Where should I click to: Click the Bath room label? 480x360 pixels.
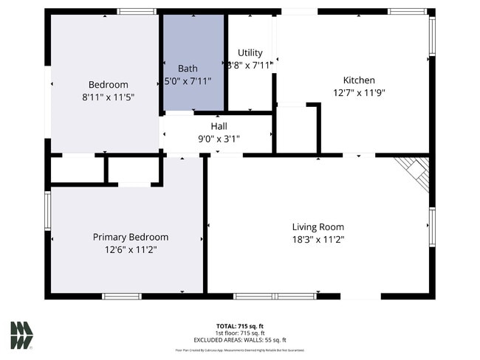[x=188, y=69]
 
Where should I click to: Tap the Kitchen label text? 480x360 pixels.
[x=359, y=80]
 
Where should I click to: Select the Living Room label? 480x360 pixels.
[x=318, y=227]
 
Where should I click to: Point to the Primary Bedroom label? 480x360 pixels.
[x=130, y=238]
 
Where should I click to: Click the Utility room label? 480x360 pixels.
[x=250, y=53]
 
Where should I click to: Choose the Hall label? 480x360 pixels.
[x=219, y=126]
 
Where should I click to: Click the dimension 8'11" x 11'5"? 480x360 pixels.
[x=108, y=97]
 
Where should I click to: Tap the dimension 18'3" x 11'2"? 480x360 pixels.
[x=318, y=240]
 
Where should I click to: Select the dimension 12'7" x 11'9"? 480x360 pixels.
[x=359, y=93]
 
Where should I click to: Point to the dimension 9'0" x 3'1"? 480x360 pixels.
[x=219, y=139]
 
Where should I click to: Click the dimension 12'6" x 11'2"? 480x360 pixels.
[x=130, y=250]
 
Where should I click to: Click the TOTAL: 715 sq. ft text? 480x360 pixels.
[x=240, y=326]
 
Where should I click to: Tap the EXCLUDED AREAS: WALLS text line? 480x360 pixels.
[x=240, y=339]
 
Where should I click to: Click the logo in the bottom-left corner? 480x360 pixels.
[x=21, y=334]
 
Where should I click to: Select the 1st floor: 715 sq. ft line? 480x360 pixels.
[x=240, y=333]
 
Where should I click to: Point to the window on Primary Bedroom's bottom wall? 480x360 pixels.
[x=121, y=297]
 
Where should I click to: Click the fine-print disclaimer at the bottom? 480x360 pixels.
[x=240, y=350]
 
